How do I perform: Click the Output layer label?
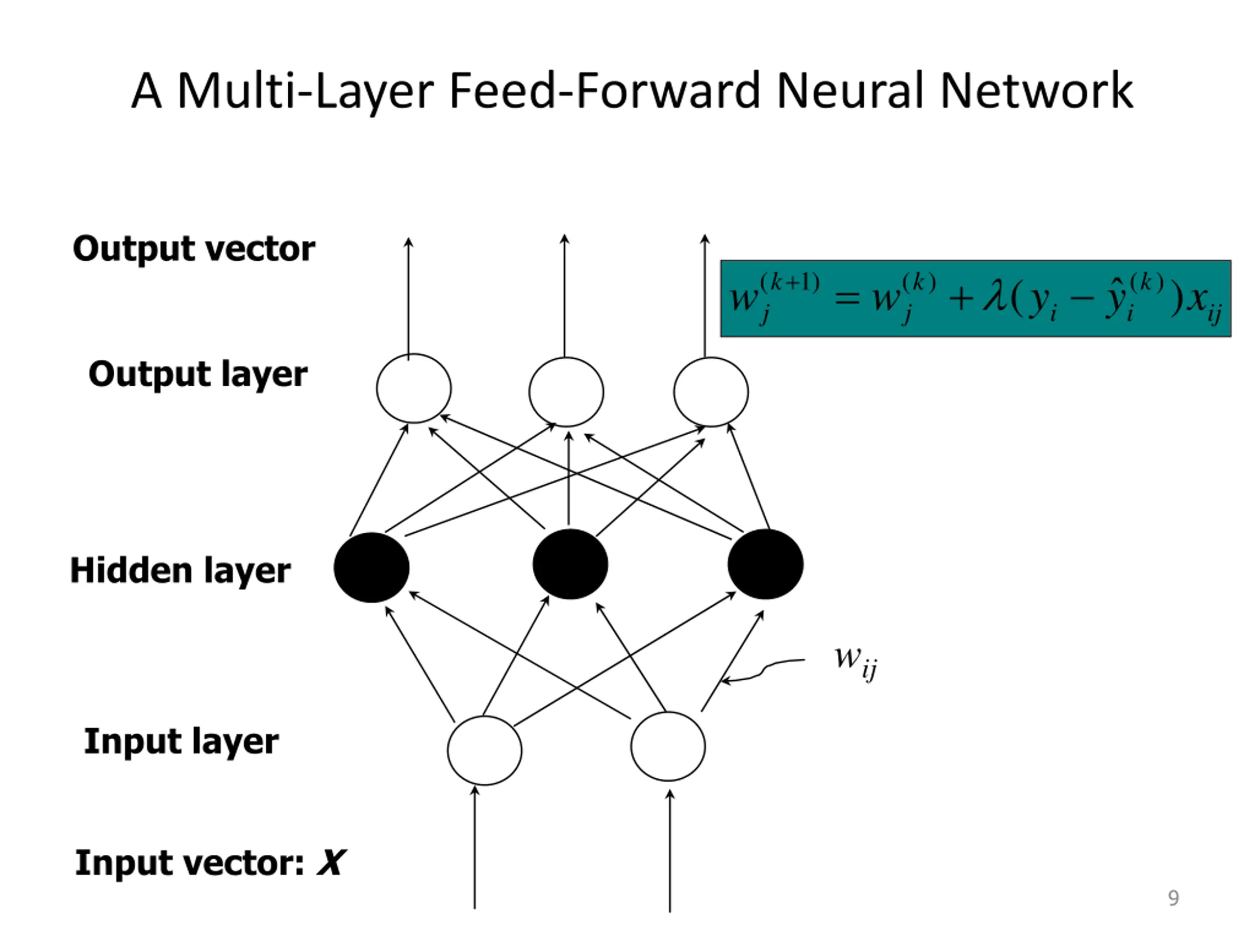click(x=198, y=375)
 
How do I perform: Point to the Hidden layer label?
click(x=180, y=570)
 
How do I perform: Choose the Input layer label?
click(x=181, y=742)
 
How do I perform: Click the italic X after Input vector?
click(x=331, y=863)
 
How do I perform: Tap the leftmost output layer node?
click(x=414, y=389)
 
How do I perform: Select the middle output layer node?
click(x=566, y=392)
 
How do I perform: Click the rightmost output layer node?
click(x=711, y=392)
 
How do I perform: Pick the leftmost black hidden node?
click(x=372, y=567)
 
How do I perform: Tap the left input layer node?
click(x=484, y=750)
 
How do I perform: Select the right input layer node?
click(x=668, y=746)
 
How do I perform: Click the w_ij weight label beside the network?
click(x=856, y=663)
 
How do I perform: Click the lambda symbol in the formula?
click(x=995, y=297)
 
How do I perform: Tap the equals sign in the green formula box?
click(x=847, y=298)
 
